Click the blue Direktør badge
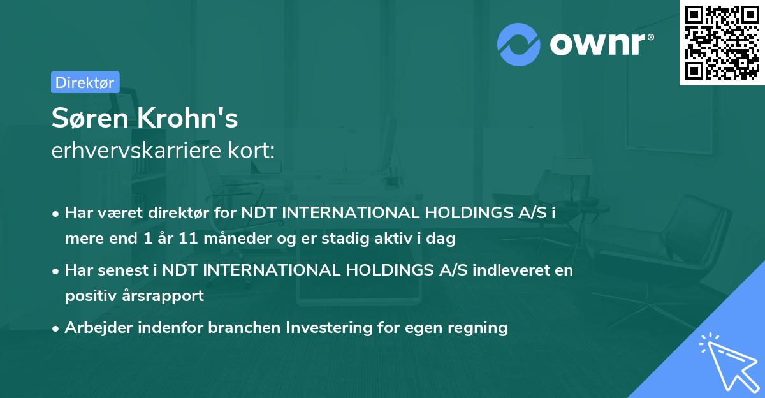coord(85,82)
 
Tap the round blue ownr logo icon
coord(518,45)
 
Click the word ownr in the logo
coord(598,44)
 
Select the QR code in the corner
coord(722,42)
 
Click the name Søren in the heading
coord(90,118)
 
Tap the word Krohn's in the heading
coord(187,117)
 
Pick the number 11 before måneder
coord(188,238)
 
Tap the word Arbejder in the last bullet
coord(98,327)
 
